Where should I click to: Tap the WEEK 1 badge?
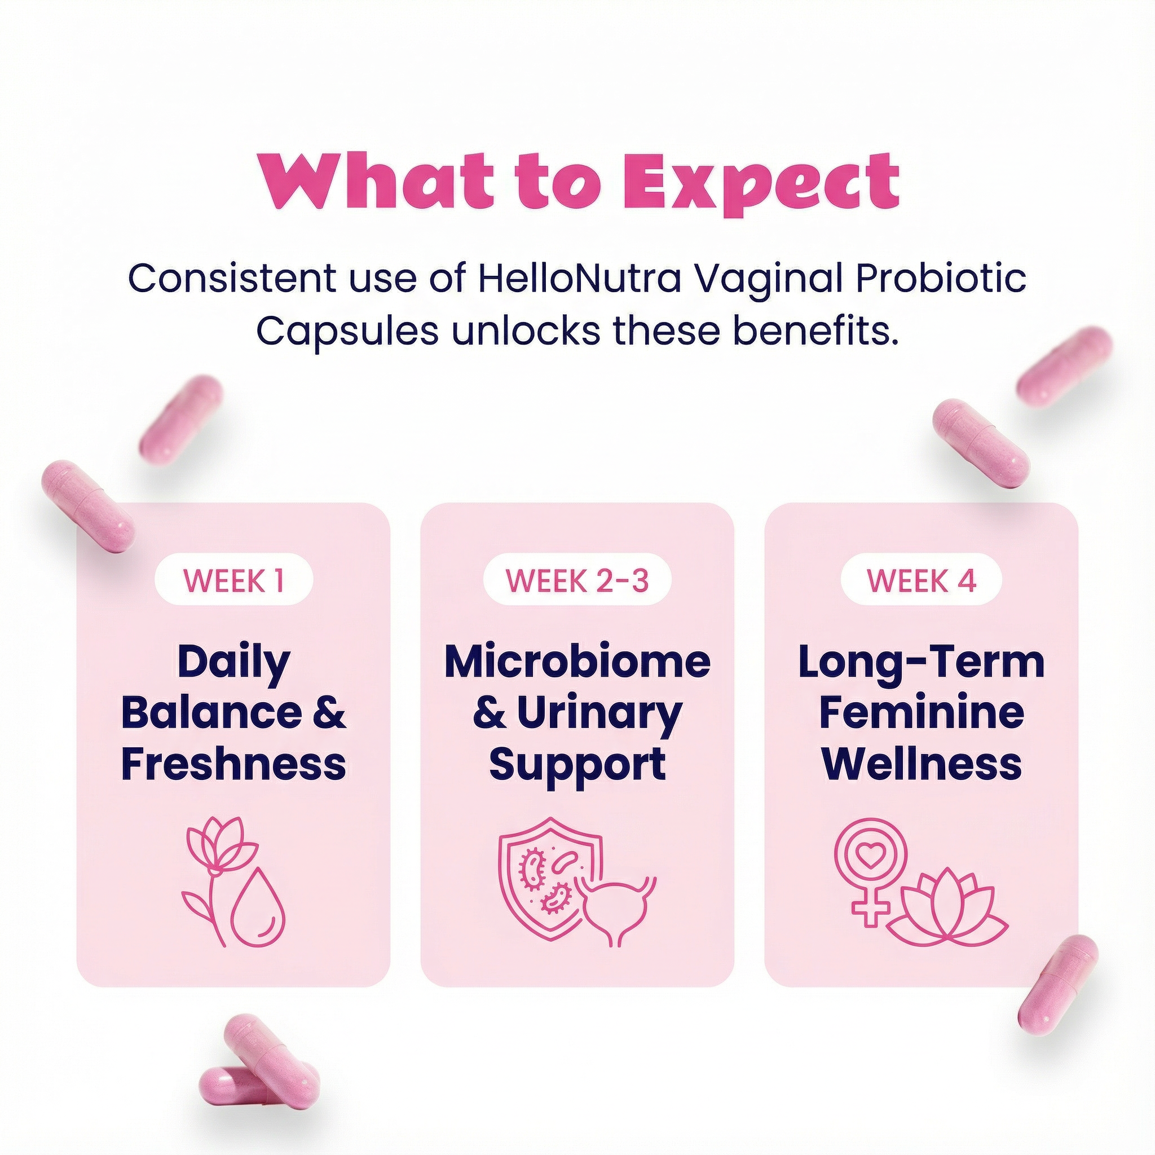click(x=233, y=580)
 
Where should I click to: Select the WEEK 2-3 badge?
click(x=577, y=580)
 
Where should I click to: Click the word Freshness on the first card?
click(x=233, y=764)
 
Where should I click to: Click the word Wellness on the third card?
click(x=922, y=764)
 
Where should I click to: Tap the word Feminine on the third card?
click(x=922, y=713)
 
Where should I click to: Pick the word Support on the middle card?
click(x=577, y=764)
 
